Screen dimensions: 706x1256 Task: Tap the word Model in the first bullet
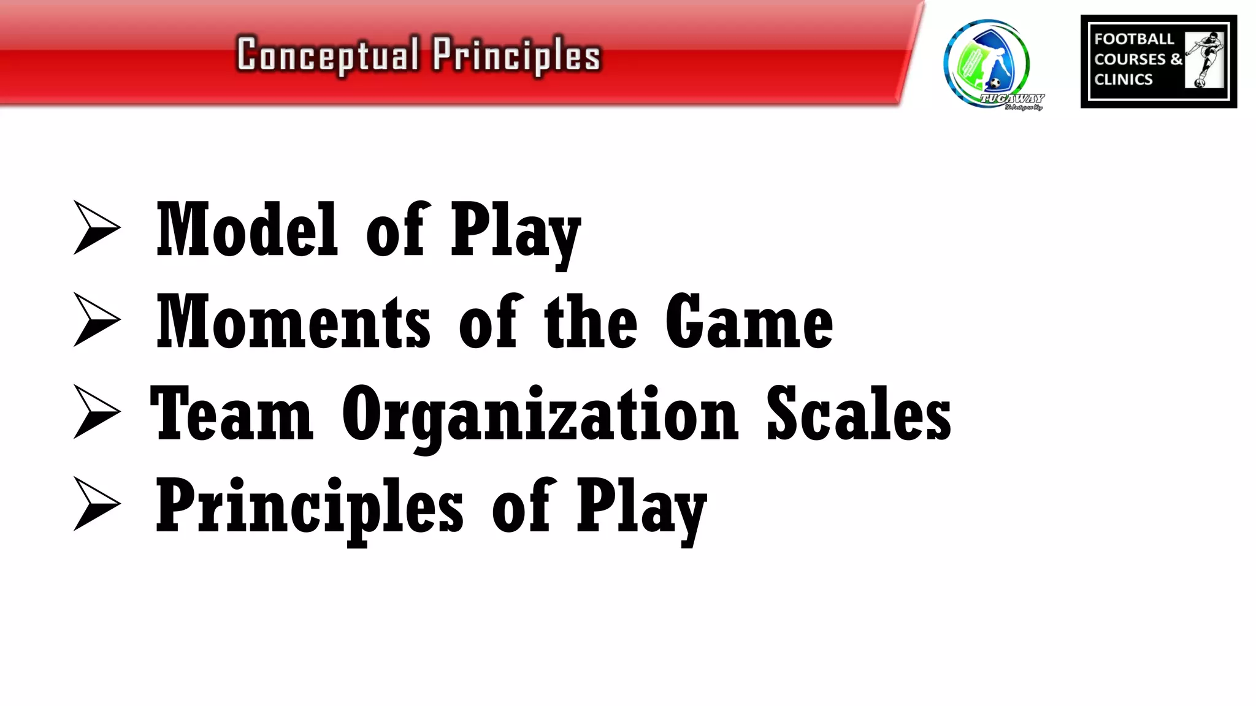click(x=247, y=230)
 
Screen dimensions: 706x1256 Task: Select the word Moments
click(x=293, y=322)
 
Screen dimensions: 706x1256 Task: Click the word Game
click(x=749, y=322)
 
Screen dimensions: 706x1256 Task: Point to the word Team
click(x=232, y=414)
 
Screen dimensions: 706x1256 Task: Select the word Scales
click(x=859, y=414)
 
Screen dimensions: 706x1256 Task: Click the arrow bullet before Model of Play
click(x=96, y=227)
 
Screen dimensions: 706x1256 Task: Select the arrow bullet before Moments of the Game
click(x=96, y=319)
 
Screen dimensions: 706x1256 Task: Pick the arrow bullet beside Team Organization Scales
click(x=96, y=411)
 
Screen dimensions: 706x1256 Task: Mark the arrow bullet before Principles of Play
click(x=96, y=503)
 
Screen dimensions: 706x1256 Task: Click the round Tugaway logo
click(x=987, y=64)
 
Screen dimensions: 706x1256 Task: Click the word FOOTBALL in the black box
click(x=1134, y=39)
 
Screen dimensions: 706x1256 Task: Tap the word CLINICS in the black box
click(x=1123, y=80)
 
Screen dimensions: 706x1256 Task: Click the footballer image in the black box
click(x=1204, y=60)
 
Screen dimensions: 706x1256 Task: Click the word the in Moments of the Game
click(x=591, y=322)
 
